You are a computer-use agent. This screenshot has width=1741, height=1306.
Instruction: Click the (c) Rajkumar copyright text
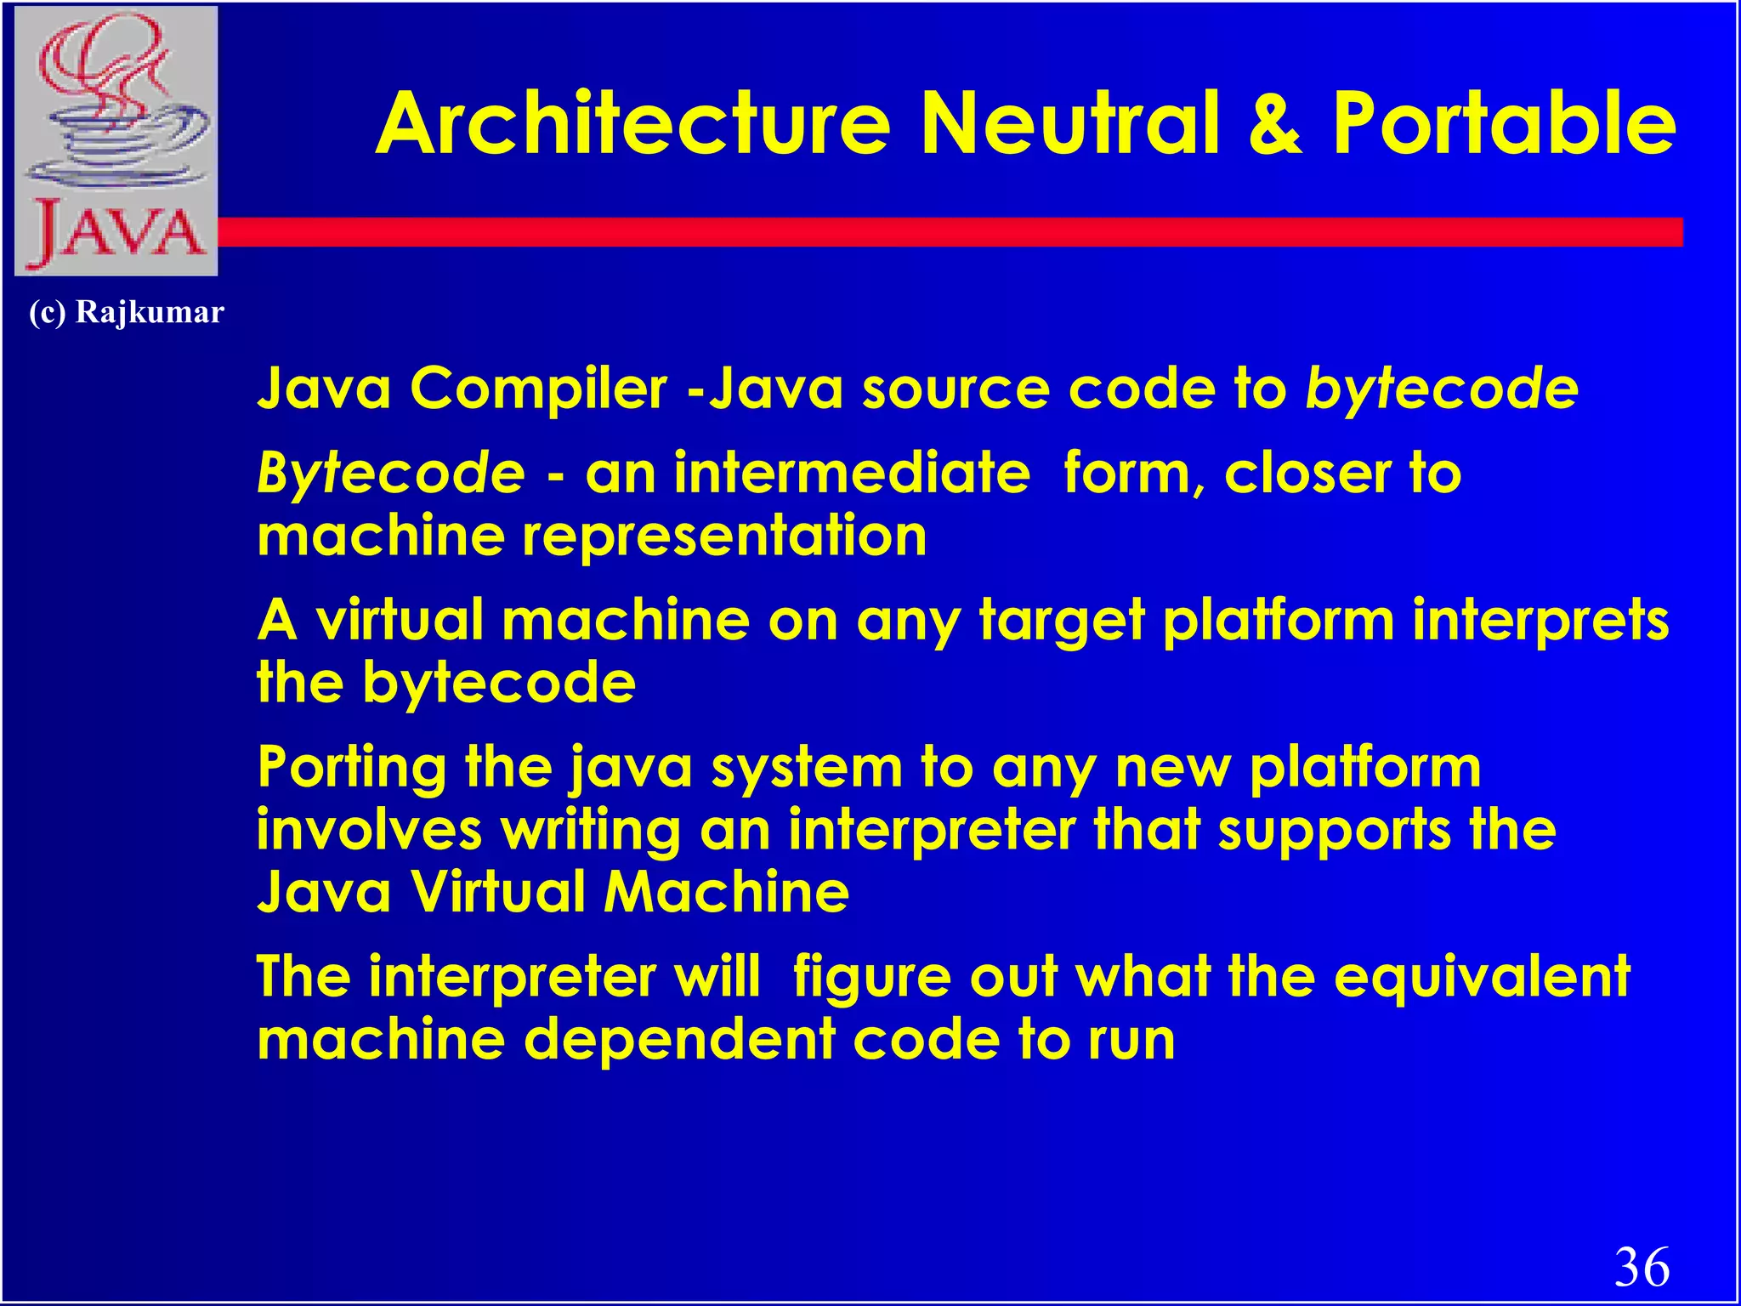(x=127, y=312)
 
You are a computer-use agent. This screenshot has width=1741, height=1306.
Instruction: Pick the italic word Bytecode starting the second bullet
(x=391, y=473)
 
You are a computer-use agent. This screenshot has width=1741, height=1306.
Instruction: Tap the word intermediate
(x=851, y=473)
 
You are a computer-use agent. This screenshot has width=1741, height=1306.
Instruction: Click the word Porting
(x=352, y=768)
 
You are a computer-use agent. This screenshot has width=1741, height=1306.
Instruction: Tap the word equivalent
(x=1482, y=976)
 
